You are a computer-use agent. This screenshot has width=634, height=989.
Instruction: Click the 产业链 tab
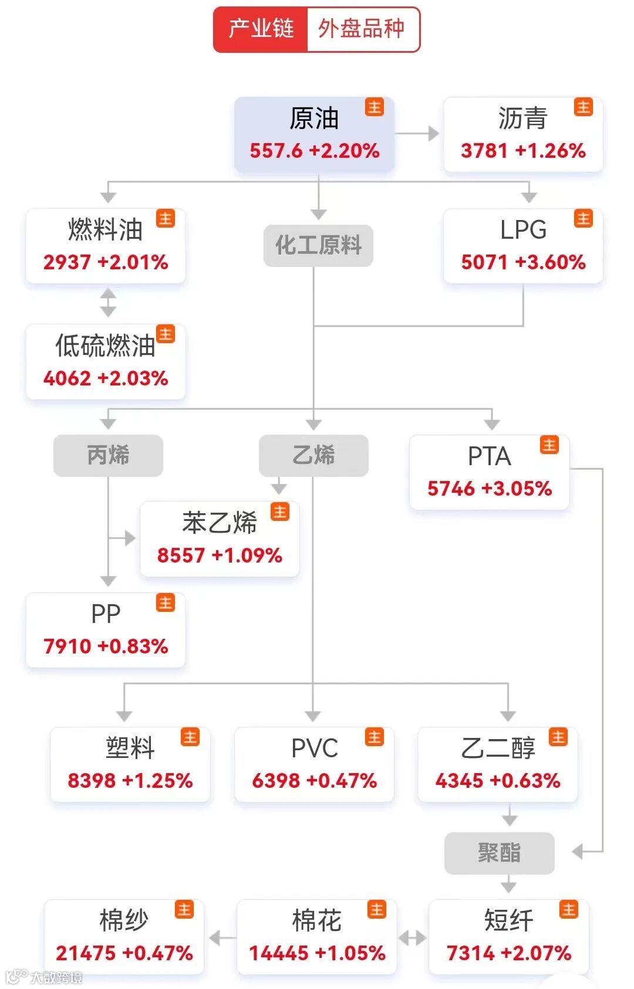pyautogui.click(x=261, y=29)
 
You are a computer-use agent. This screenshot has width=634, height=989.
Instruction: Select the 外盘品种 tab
pyautogui.click(x=362, y=29)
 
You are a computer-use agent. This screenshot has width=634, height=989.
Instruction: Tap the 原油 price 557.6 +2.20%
pyautogui.click(x=315, y=151)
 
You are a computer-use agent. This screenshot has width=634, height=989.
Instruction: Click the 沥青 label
pyautogui.click(x=522, y=118)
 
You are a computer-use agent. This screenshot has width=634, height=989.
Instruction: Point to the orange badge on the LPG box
pyautogui.click(x=584, y=219)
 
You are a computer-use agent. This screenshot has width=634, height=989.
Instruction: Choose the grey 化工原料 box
pyautogui.click(x=318, y=245)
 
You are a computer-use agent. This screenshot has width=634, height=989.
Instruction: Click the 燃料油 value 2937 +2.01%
pyautogui.click(x=106, y=262)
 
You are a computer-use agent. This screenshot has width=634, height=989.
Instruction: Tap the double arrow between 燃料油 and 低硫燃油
pyautogui.click(x=108, y=303)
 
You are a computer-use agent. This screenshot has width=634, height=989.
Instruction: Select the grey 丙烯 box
pyautogui.click(x=108, y=455)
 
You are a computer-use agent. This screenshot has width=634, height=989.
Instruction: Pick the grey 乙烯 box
pyautogui.click(x=313, y=455)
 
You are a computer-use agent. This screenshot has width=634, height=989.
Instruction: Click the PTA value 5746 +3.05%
pyautogui.click(x=490, y=489)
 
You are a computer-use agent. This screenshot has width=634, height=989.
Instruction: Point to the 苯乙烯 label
pyautogui.click(x=220, y=523)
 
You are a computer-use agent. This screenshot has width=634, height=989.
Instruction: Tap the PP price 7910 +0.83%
pyautogui.click(x=106, y=646)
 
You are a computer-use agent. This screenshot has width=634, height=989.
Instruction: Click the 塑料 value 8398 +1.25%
pyautogui.click(x=130, y=781)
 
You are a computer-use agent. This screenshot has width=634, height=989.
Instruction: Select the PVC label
pyautogui.click(x=315, y=748)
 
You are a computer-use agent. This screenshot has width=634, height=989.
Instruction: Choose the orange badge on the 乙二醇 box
pyautogui.click(x=558, y=737)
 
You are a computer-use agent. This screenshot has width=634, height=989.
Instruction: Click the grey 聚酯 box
pyautogui.click(x=499, y=853)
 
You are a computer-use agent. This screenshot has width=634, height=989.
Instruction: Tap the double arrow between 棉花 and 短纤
pyautogui.click(x=413, y=938)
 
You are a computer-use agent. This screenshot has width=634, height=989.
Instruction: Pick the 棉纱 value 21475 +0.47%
pyautogui.click(x=124, y=953)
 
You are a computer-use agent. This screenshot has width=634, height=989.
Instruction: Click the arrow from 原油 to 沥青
pyautogui.click(x=418, y=134)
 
